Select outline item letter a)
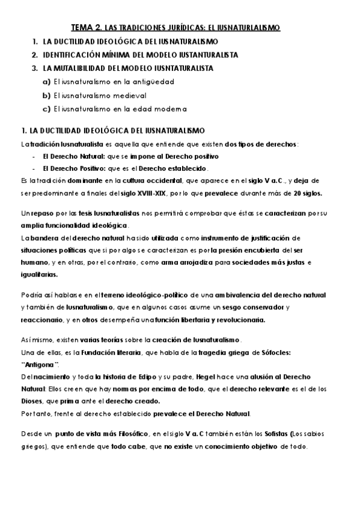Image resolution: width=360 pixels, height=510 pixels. tap(46, 81)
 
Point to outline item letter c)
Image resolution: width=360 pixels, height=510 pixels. tap(46, 109)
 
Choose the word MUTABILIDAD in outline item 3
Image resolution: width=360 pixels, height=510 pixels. tap(80, 68)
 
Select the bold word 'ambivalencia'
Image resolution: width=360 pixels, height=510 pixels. tap(246, 295)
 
